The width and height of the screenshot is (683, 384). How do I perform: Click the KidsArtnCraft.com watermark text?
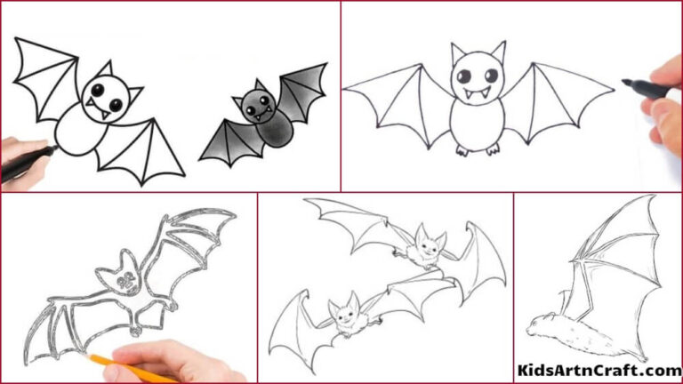(x=598, y=370)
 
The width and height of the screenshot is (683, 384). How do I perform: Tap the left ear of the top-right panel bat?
(x=459, y=52)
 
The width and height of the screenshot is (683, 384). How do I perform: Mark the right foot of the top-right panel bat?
(x=492, y=150)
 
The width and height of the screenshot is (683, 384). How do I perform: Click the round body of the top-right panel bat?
(x=478, y=120)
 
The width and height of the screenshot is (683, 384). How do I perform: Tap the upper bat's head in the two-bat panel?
(x=428, y=242)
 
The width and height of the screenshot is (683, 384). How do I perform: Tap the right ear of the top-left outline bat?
(x=133, y=96)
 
